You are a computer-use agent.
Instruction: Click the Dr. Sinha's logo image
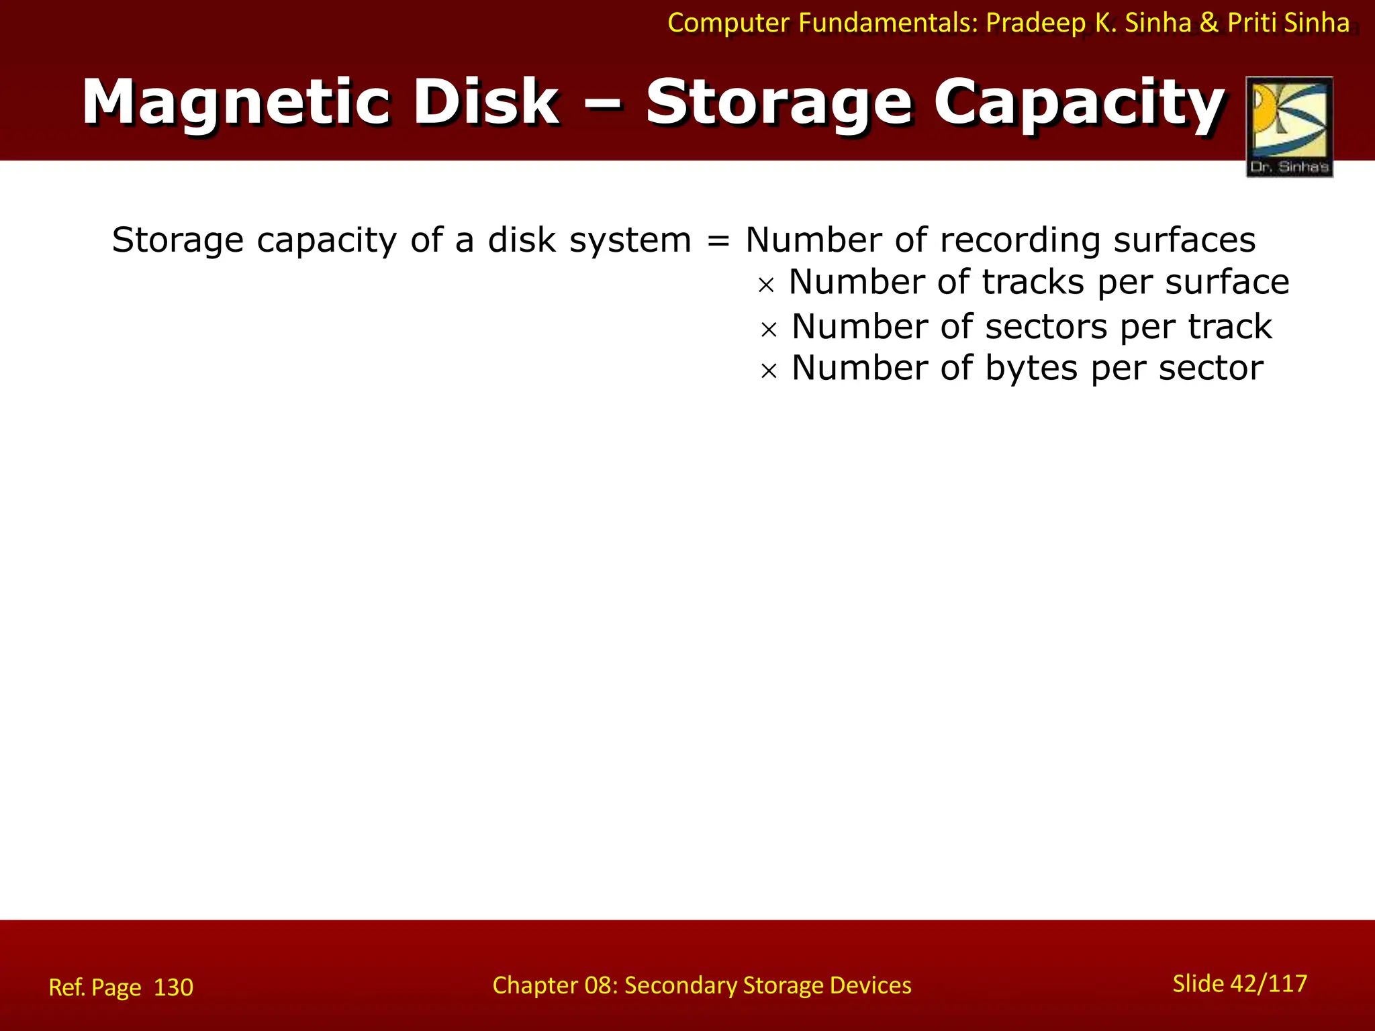click(x=1289, y=126)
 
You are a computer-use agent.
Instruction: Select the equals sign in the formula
click(x=718, y=240)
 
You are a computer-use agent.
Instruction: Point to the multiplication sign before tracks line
click(x=766, y=285)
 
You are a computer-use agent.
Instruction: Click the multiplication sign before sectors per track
click(x=769, y=329)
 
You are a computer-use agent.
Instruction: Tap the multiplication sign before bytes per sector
click(x=769, y=371)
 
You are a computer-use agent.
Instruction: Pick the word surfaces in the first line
click(x=1184, y=240)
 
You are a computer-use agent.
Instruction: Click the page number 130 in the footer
click(x=173, y=987)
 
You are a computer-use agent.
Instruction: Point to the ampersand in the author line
click(x=1208, y=23)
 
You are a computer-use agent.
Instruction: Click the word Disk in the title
click(x=486, y=103)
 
